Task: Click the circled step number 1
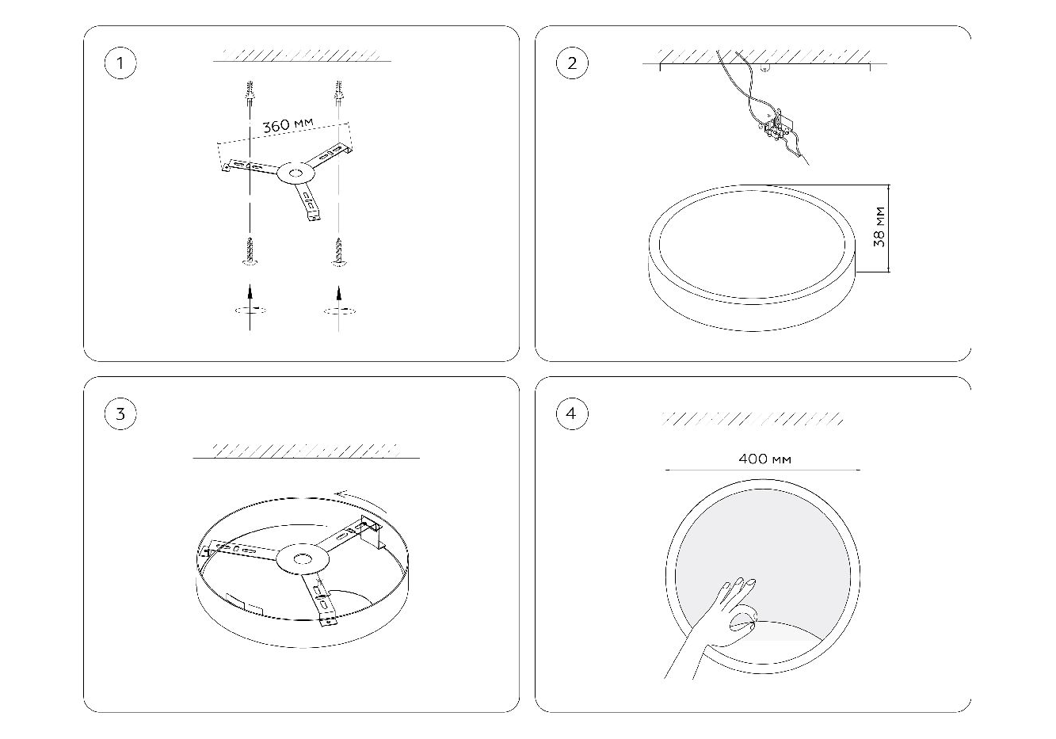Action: coord(120,63)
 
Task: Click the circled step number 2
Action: coord(572,63)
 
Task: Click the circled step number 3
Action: coord(120,413)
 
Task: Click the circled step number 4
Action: coord(572,413)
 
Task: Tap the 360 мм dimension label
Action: coord(288,125)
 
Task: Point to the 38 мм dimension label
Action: coord(879,227)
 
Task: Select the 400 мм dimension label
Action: coord(764,459)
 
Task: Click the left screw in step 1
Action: coord(250,251)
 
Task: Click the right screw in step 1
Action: coord(338,252)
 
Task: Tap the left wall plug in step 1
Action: coord(250,93)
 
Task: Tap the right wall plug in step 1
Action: coord(338,93)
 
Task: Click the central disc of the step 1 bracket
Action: coord(295,174)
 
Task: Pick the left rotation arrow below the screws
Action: coord(250,310)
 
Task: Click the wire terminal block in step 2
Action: coord(778,128)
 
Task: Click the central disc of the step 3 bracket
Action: coord(302,559)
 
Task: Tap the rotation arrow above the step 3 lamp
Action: coord(361,501)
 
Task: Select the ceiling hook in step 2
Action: coord(764,68)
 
